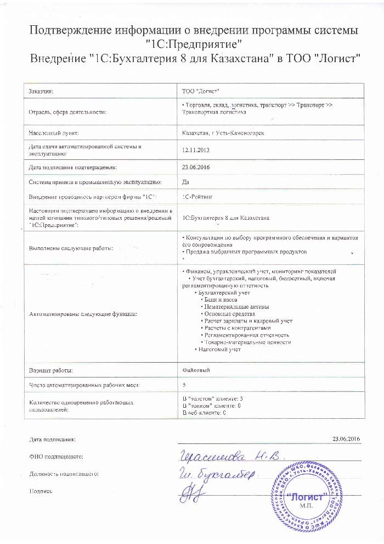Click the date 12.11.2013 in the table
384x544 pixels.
[x=193, y=149]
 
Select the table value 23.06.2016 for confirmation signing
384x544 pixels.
[x=193, y=166]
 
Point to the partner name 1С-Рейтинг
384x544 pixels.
[x=197, y=196]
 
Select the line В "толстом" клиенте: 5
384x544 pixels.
[x=212, y=398]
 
